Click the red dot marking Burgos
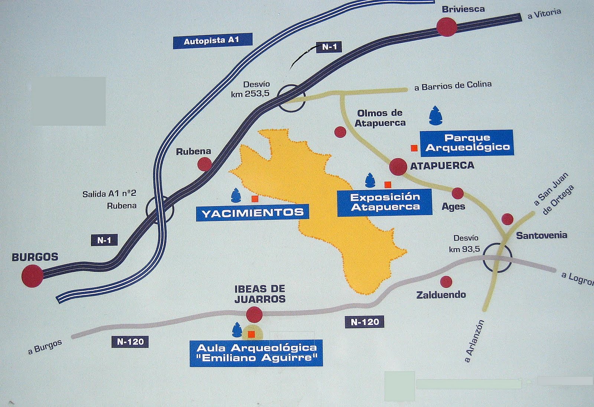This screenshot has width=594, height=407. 32,276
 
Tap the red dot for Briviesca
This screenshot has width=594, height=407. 446,27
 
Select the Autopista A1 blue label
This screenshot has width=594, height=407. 212,40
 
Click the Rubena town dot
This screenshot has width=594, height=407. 205,164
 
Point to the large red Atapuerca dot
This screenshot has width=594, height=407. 398,166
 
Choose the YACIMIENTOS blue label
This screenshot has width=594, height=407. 252,213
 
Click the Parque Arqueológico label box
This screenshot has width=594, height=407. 467,143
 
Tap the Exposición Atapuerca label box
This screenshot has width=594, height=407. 385,202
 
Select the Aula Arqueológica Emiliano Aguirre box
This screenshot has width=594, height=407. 256,353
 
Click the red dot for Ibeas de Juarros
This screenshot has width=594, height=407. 254,314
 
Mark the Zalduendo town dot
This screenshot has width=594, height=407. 446,281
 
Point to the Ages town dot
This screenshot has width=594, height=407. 457,193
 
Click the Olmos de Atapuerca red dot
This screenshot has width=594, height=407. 340,132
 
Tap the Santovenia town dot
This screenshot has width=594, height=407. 507,219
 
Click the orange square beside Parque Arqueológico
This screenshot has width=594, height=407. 414,148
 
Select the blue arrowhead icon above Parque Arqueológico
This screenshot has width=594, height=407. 435,115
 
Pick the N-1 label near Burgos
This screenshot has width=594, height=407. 104,240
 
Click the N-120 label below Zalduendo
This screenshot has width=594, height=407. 365,322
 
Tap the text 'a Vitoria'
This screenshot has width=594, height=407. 544,14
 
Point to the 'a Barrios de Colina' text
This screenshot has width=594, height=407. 453,86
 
